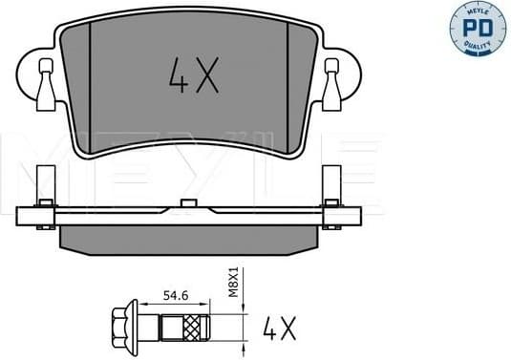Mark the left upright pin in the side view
(x=40, y=186)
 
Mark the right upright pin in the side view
(x=331, y=186)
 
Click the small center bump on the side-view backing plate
(x=184, y=203)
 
